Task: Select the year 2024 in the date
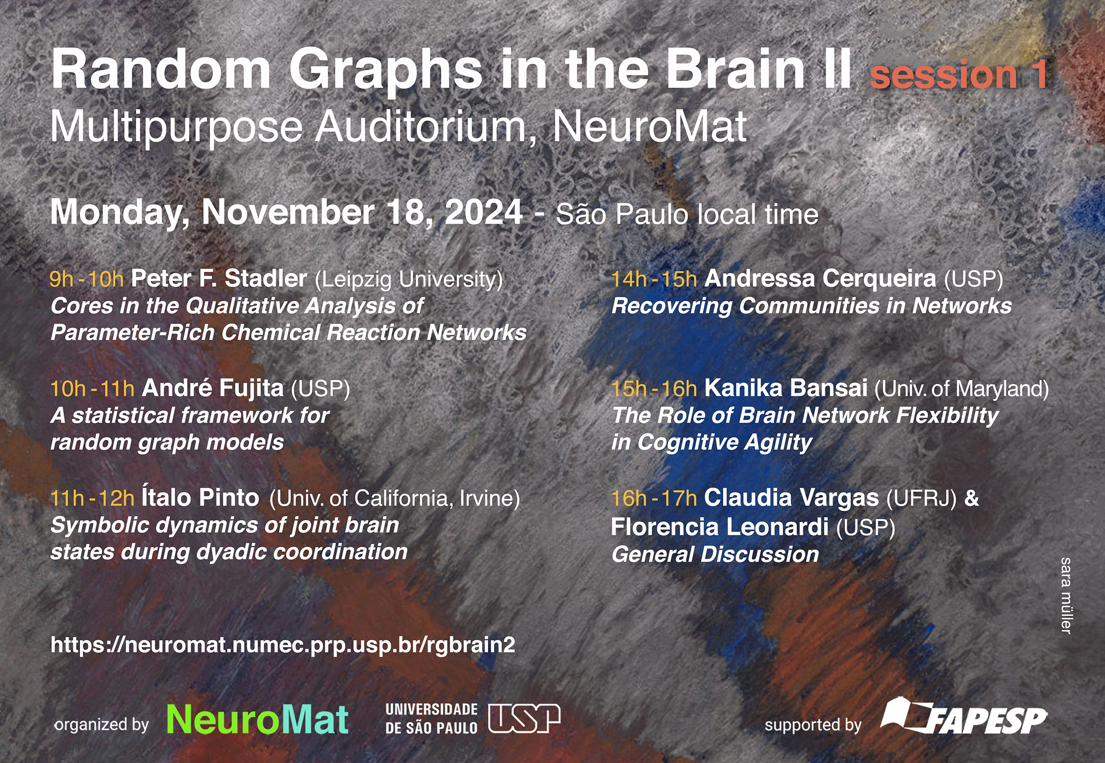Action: tap(483, 212)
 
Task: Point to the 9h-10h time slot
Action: tap(87, 279)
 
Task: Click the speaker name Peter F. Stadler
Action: tap(219, 278)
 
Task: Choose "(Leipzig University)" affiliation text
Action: tap(408, 280)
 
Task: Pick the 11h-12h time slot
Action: tap(92, 499)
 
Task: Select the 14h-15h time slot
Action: tap(654, 279)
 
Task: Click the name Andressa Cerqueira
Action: tap(820, 279)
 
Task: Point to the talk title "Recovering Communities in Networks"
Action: tap(812, 306)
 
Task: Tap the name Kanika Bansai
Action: tap(786, 388)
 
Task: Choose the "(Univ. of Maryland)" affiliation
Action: tap(962, 389)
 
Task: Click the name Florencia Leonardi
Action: tap(720, 527)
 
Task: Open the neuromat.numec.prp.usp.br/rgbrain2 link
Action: tap(283, 646)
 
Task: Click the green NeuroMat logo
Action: tap(258, 719)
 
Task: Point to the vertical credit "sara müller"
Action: tap(1066, 596)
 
